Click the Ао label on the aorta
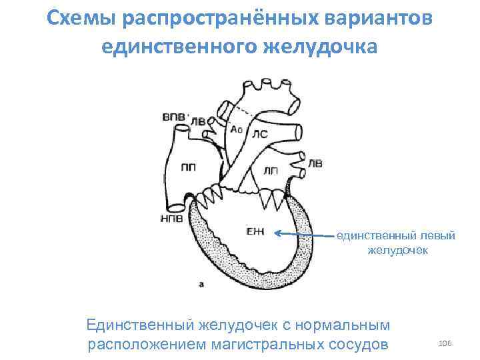pos(236,129)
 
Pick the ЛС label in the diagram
pos(259,134)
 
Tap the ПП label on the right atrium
pos(188,168)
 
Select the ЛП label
pos(271,171)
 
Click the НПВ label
pos(173,219)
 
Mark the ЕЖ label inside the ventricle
pos(255,231)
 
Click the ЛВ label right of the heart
pos(314,163)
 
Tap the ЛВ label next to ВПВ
pos(199,122)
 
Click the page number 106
pos(445,342)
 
